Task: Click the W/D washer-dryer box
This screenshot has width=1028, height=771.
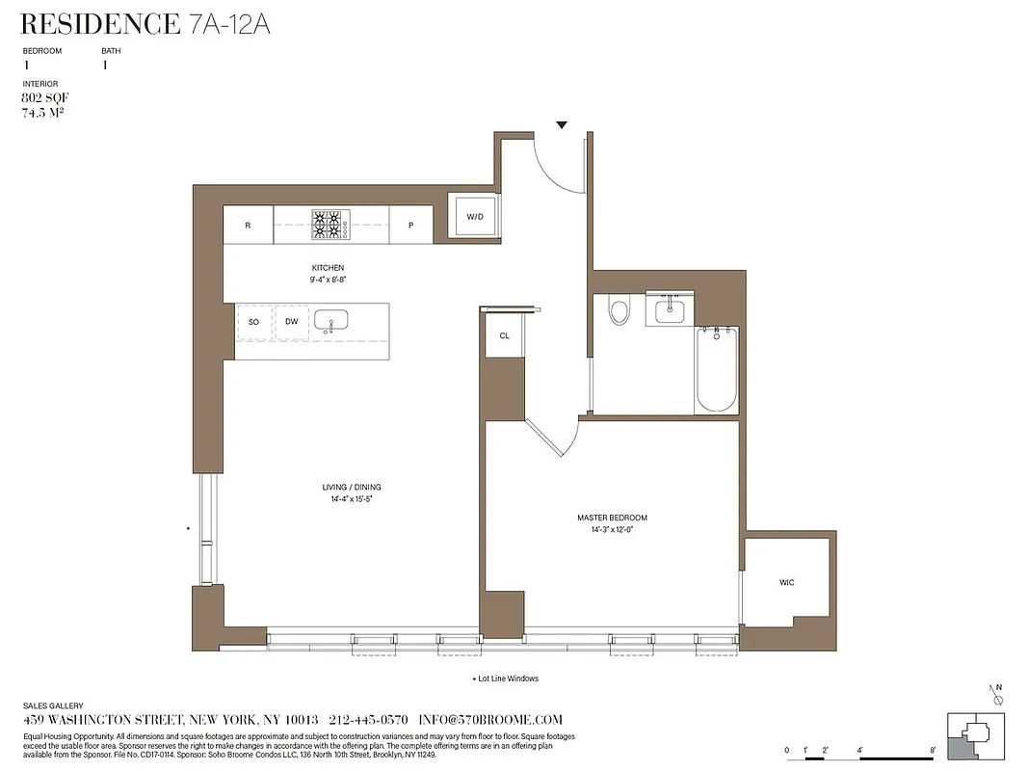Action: (x=475, y=218)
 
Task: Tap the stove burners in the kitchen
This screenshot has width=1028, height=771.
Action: (x=330, y=226)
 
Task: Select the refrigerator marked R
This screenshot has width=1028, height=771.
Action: (x=248, y=226)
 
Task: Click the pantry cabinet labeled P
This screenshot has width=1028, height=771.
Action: (x=410, y=226)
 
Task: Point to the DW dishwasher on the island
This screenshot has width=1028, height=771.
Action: (x=291, y=322)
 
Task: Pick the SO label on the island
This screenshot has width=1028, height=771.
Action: (x=253, y=322)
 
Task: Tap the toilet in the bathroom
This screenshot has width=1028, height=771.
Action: (x=619, y=311)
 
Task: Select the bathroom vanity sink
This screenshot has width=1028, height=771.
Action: (x=669, y=311)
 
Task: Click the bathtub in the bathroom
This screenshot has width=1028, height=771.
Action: (x=716, y=370)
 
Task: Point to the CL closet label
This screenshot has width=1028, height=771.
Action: (x=504, y=336)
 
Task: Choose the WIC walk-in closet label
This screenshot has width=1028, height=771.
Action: (x=787, y=583)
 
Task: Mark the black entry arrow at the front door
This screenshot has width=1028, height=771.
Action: (x=562, y=124)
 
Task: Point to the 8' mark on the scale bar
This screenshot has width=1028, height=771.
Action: (x=933, y=749)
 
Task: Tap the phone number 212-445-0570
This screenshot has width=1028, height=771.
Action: (x=368, y=720)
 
